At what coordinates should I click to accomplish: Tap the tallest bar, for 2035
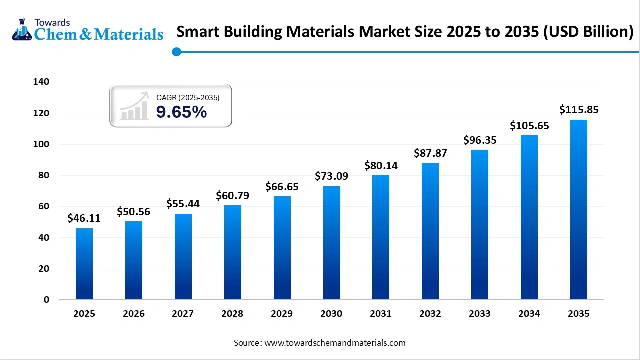pos(579,210)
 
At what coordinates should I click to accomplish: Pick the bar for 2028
pos(232,252)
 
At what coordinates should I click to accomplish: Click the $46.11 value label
pos(84,218)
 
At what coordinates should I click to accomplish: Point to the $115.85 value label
pos(579,109)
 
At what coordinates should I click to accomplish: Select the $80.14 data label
pos(381,165)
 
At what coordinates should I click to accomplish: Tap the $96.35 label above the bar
pos(480,140)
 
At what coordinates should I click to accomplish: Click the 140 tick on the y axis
pos(42,82)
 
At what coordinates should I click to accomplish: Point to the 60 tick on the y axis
pos(44,206)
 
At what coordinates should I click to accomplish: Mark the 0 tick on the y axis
pos(47,300)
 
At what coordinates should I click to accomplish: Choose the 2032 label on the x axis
pos(430,314)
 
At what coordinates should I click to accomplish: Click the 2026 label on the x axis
pos(134,314)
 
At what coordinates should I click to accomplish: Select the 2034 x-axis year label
pos(529,314)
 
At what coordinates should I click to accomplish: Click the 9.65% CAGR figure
pos(181,112)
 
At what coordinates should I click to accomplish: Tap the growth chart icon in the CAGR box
pos(134,106)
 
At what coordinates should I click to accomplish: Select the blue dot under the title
pos(176,52)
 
